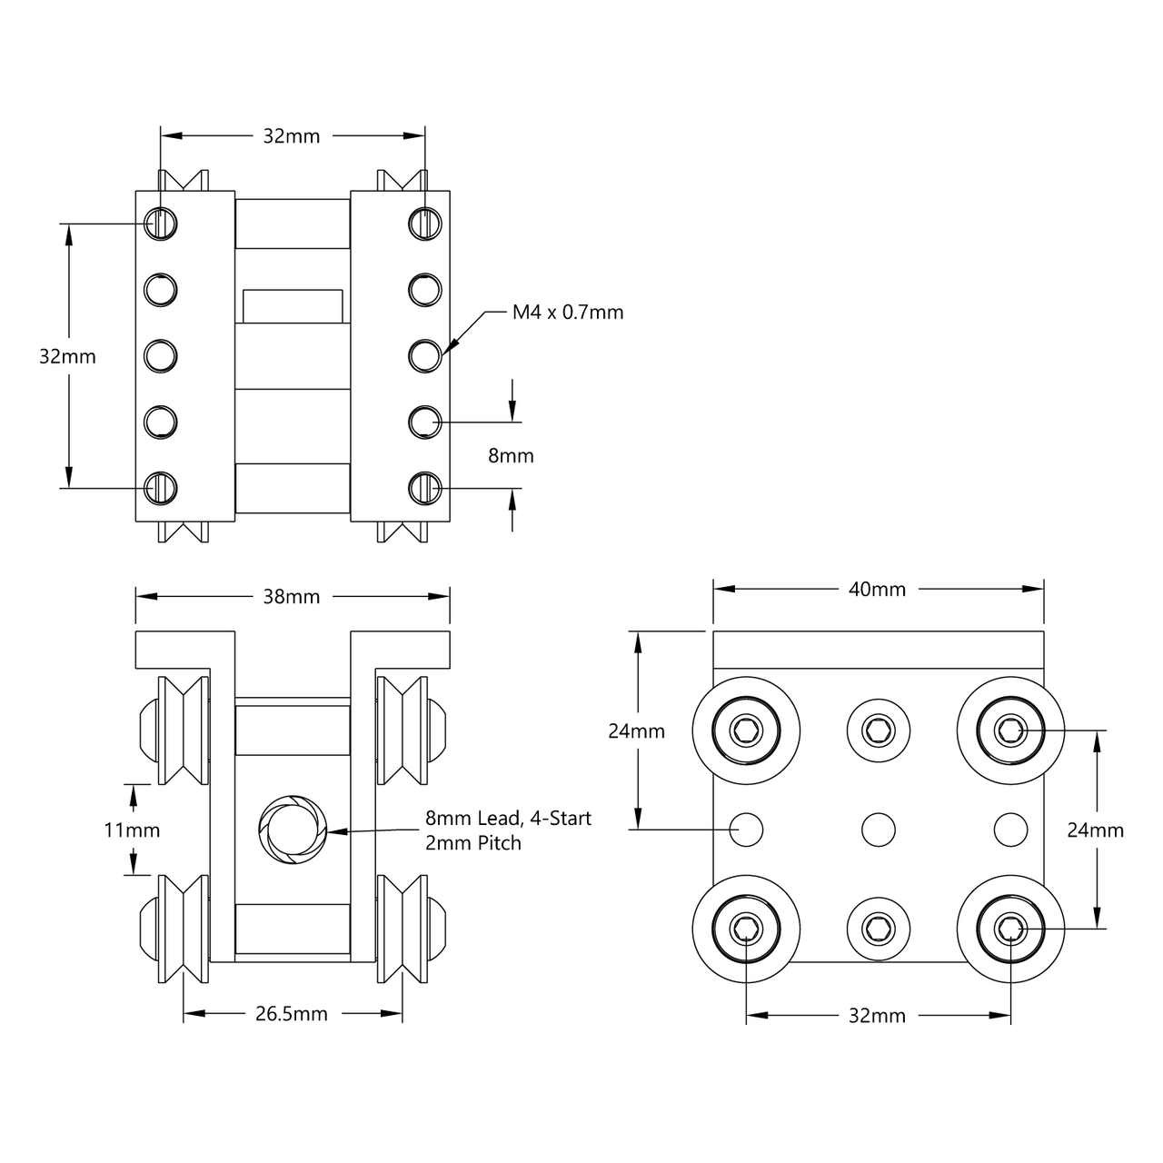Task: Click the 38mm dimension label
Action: point(292,597)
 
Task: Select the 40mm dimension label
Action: point(877,589)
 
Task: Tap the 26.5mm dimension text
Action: point(292,1013)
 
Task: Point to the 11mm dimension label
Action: point(132,830)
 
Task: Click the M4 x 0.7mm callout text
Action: point(568,313)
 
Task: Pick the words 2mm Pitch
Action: point(473,843)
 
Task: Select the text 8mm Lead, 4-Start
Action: point(508,819)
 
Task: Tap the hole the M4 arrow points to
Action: point(424,355)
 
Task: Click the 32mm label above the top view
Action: point(292,136)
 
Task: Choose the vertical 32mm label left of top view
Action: point(67,357)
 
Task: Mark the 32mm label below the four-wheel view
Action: point(877,1016)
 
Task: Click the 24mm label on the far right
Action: point(1095,830)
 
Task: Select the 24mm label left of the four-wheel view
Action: point(636,731)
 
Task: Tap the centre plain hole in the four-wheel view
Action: point(878,829)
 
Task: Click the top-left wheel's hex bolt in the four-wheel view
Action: point(746,730)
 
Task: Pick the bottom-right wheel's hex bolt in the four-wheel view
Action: point(1010,928)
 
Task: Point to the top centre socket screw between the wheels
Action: point(878,730)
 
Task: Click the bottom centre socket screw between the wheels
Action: point(878,928)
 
